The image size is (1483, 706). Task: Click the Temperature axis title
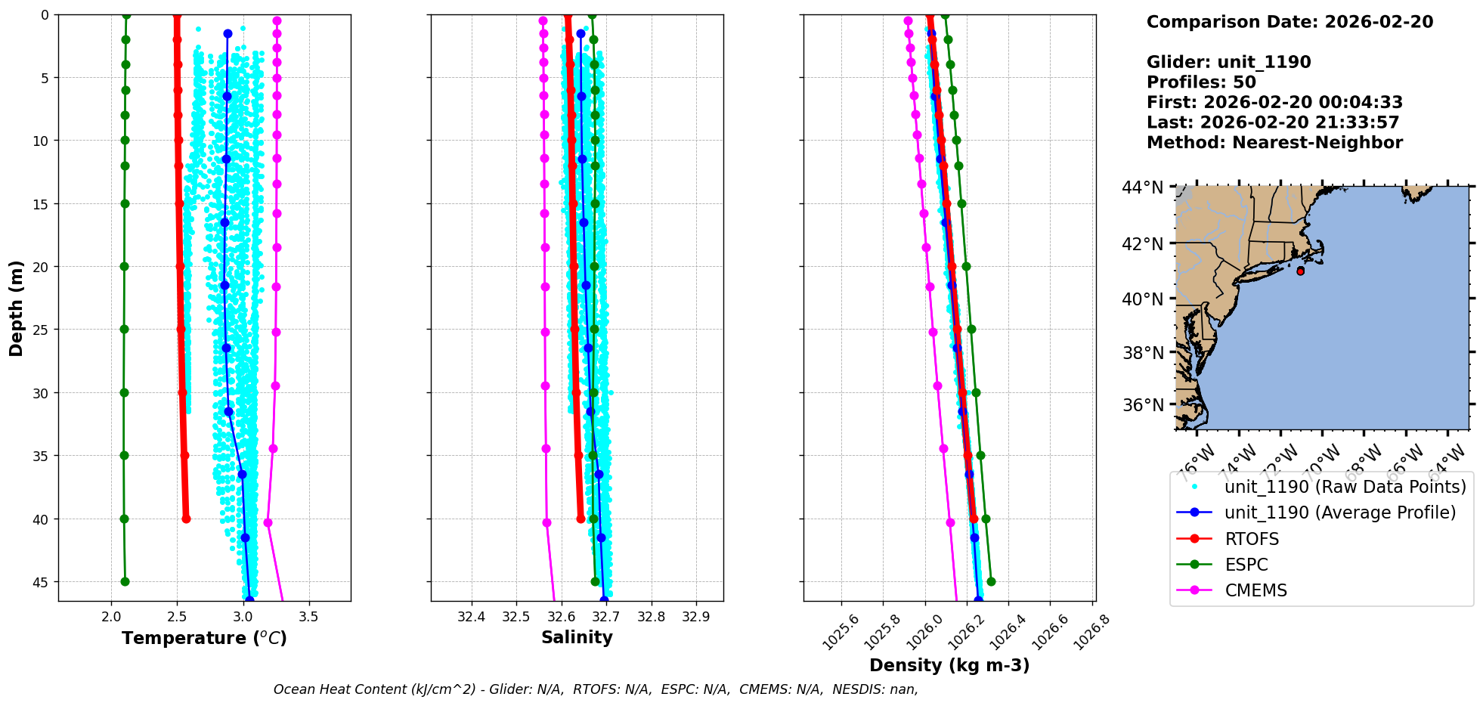click(x=204, y=639)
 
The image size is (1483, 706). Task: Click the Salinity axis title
click(x=577, y=638)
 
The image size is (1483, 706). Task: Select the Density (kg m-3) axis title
click(x=949, y=665)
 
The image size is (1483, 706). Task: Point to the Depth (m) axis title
click(x=17, y=308)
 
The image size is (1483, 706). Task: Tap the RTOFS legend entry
click(x=1252, y=539)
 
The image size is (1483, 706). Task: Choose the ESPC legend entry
click(x=1246, y=565)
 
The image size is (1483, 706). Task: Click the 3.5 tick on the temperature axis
click(x=308, y=617)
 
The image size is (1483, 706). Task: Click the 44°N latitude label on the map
click(x=1142, y=187)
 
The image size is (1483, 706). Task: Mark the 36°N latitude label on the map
click(x=1142, y=405)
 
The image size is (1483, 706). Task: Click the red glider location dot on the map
click(x=1300, y=271)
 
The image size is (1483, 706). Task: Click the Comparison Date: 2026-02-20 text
click(x=1289, y=22)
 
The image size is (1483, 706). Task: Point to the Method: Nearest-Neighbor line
click(x=1274, y=143)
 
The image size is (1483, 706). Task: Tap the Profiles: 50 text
click(x=1201, y=82)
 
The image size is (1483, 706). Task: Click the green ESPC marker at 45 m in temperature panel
click(x=125, y=581)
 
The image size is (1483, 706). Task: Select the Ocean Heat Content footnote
click(x=596, y=689)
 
